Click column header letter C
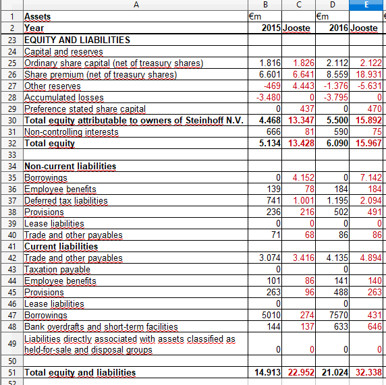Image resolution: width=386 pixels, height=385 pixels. click(298, 5)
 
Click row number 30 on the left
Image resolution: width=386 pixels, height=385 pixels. click(11, 120)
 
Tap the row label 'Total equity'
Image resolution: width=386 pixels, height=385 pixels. click(50, 143)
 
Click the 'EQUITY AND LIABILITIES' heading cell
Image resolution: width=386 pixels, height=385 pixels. click(77, 40)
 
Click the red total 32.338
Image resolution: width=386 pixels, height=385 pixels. click(367, 372)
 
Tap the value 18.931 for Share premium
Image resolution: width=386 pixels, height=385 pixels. click(367, 74)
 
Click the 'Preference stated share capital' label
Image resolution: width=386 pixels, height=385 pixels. click(85, 109)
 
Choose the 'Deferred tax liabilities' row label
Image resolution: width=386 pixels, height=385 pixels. click(65, 200)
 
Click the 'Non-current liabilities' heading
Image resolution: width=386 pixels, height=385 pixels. click(70, 166)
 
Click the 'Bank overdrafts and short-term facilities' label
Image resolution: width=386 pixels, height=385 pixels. click(101, 326)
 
